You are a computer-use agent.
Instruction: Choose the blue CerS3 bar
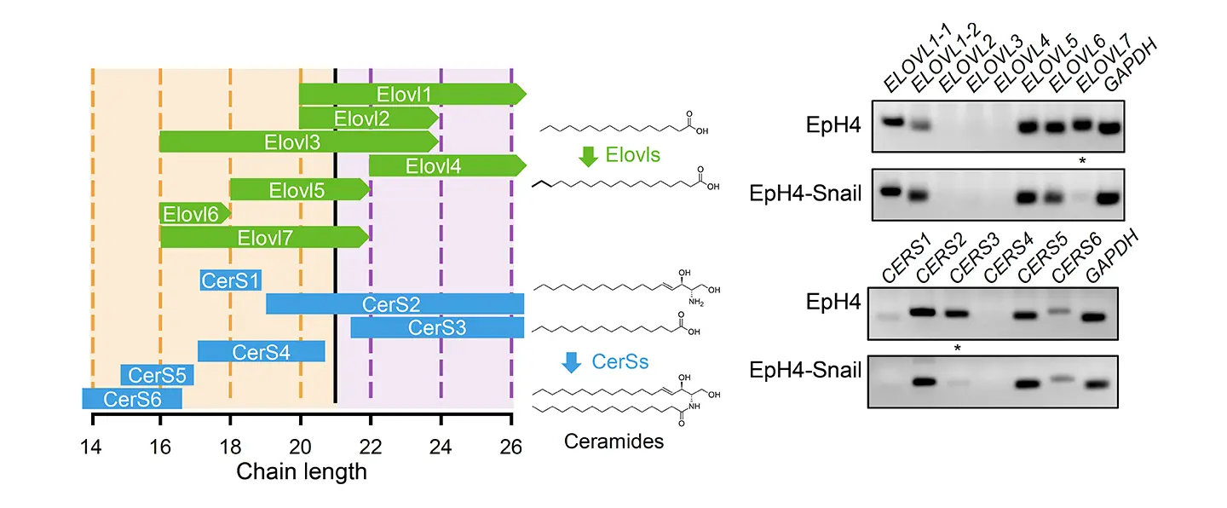click(437, 327)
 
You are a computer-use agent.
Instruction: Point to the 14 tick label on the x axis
click(93, 443)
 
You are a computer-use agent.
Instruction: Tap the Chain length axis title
click(302, 471)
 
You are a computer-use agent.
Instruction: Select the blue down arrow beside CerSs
click(571, 362)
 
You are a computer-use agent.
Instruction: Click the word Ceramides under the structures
click(613, 442)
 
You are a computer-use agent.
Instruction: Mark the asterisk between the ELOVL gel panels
click(1081, 160)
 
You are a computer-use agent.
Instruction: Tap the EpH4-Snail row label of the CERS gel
click(804, 371)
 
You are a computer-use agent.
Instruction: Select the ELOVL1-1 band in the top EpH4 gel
click(893, 122)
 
